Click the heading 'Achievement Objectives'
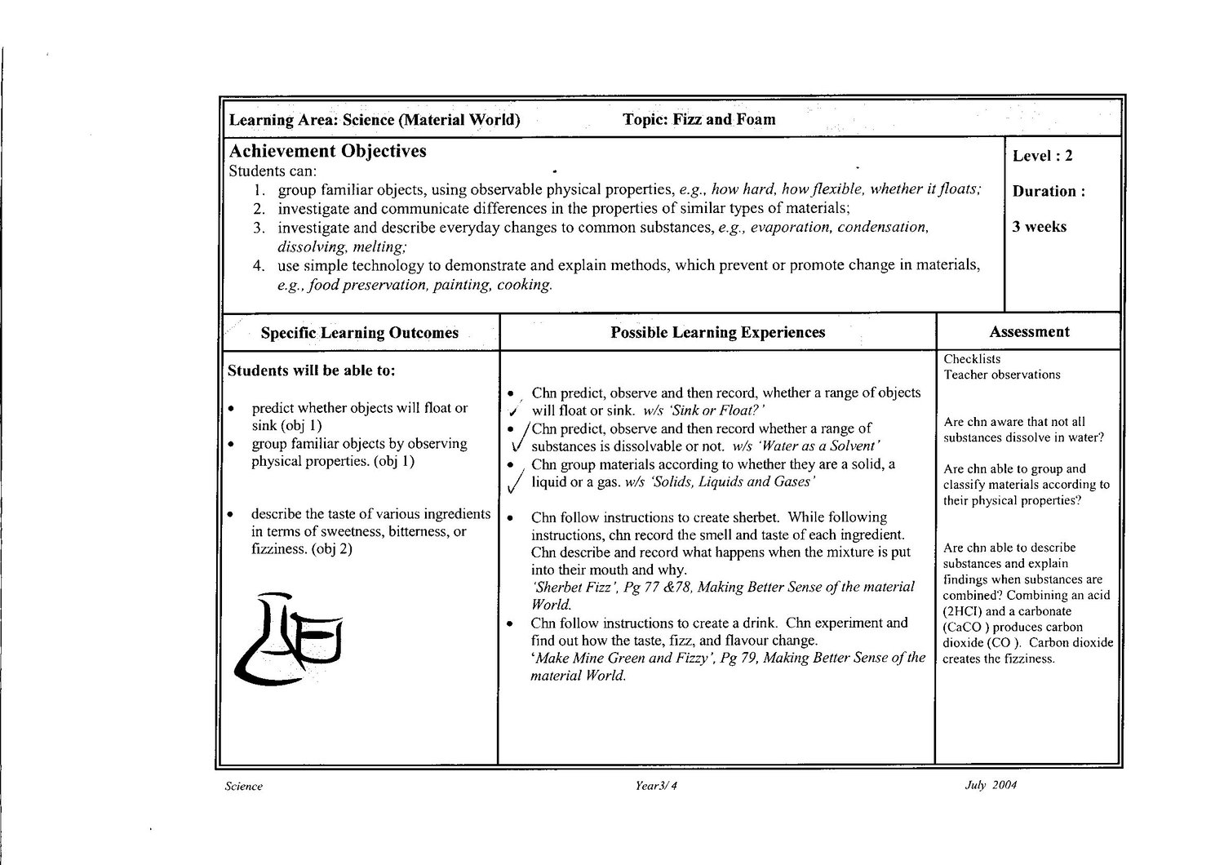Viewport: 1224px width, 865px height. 327,151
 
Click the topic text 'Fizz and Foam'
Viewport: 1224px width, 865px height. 723,119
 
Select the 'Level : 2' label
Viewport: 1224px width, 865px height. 1043,156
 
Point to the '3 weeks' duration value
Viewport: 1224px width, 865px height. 1039,227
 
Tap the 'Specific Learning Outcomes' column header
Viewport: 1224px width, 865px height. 359,333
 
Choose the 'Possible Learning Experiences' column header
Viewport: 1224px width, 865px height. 717,332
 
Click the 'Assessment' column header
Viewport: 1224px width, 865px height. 1029,331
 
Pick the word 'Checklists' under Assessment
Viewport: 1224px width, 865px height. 972,359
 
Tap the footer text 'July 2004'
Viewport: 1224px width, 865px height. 991,786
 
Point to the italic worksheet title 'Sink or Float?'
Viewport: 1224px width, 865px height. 716,410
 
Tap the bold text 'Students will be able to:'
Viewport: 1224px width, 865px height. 312,370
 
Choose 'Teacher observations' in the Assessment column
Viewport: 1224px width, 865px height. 1002,375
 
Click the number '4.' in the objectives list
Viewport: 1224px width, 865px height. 259,265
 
